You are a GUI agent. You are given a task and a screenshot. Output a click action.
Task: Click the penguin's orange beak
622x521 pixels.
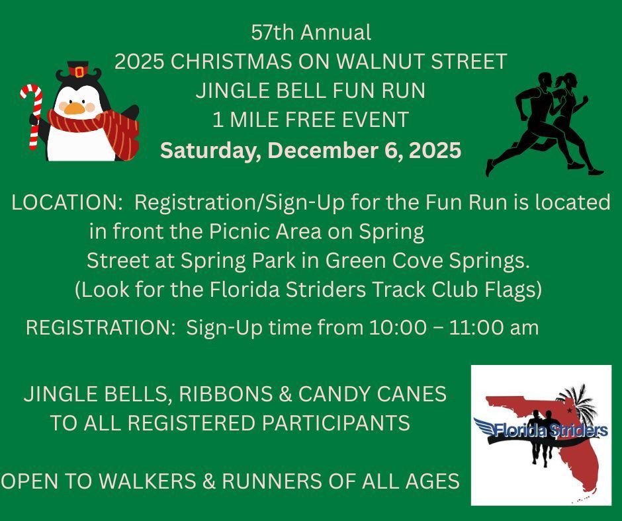pyautogui.click(x=74, y=108)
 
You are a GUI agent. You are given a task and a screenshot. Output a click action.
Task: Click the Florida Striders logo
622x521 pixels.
pyautogui.click(x=541, y=435)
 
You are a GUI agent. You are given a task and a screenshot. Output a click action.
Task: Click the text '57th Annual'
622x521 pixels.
pyautogui.click(x=311, y=32)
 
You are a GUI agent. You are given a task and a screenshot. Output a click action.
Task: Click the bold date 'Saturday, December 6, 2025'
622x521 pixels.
pyautogui.click(x=310, y=150)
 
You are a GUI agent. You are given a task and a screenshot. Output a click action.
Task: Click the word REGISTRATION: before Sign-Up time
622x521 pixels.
pyautogui.click(x=100, y=327)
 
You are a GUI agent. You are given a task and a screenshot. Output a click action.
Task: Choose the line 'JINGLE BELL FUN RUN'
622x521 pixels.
pyautogui.click(x=310, y=91)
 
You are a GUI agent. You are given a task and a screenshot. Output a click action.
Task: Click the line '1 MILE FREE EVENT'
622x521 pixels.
pyautogui.click(x=310, y=120)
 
